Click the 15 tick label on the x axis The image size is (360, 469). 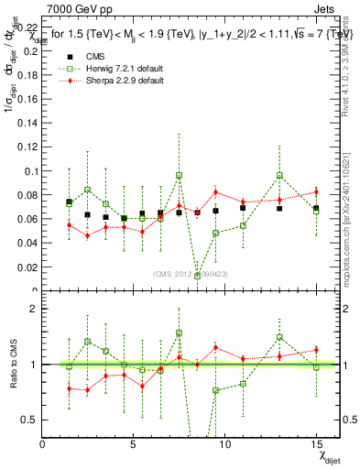pos(315,444)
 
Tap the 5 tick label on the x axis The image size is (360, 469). pos(134,444)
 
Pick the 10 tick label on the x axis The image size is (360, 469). pos(224,444)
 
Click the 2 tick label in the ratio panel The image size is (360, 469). pos(34,309)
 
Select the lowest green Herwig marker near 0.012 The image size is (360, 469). pos(197,276)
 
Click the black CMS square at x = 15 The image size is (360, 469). pos(316,209)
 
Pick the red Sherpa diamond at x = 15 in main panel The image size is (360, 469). pos(316,191)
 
